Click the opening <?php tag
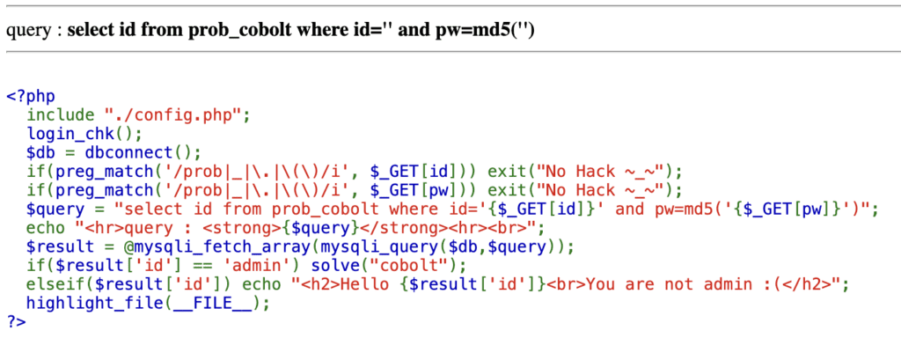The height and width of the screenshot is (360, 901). [27, 95]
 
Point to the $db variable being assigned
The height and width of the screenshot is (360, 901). [41, 152]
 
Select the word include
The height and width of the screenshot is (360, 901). [61, 114]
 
